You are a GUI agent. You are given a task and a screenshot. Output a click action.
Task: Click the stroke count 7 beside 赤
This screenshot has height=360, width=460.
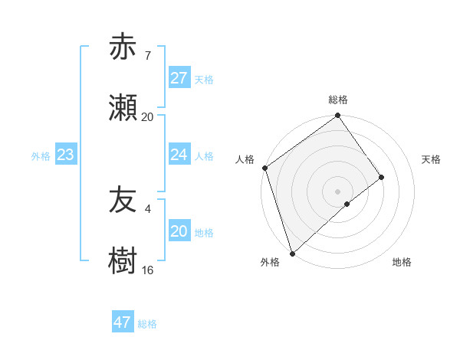(147, 55)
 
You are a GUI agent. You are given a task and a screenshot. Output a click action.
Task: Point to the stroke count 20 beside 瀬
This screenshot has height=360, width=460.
(147, 117)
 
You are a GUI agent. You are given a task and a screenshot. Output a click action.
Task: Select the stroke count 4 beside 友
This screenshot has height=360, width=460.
(147, 208)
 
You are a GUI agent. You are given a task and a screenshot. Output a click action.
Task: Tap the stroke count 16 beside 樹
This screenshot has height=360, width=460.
(147, 270)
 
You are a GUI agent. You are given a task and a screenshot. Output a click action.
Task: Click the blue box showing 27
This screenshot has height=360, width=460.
(179, 78)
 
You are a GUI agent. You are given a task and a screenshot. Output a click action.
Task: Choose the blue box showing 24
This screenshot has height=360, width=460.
(179, 155)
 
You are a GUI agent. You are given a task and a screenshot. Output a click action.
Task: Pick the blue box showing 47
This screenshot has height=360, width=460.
(123, 322)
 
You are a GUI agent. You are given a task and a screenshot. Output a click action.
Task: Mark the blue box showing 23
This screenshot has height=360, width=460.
(65, 155)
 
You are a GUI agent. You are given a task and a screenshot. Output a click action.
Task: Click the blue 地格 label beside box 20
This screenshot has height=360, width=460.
(204, 232)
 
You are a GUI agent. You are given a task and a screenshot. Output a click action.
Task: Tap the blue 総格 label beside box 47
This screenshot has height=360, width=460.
(147, 323)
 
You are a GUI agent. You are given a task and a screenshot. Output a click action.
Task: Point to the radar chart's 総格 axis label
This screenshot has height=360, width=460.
(338, 100)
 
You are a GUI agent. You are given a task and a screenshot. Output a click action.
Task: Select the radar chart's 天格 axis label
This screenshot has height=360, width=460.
(432, 159)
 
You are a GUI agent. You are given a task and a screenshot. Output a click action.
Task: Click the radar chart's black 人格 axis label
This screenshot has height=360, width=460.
(245, 159)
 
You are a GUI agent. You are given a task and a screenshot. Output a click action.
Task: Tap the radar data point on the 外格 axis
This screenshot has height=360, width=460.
(291, 253)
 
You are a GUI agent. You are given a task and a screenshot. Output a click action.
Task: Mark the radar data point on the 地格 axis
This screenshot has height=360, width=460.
(347, 204)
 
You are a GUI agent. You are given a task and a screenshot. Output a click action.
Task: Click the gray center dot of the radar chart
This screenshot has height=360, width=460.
(337, 191)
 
